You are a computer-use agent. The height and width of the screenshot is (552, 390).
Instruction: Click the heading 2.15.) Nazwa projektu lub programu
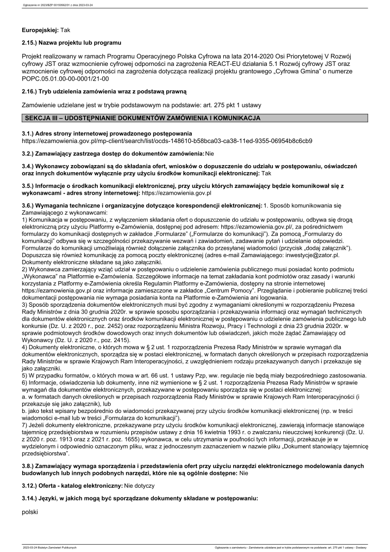tap(71, 43)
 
